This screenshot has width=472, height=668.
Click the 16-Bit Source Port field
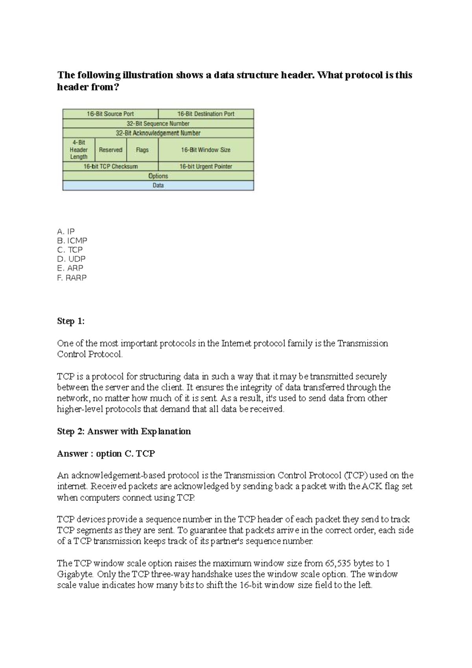pyautogui.click(x=110, y=114)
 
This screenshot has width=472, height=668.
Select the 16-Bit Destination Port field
pyautogui.click(x=206, y=114)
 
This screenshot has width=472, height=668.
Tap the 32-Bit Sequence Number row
pyautogui.click(x=158, y=124)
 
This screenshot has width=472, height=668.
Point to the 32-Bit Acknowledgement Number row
pyautogui.click(x=158, y=133)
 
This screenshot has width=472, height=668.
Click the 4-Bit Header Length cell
pyautogui.click(x=79, y=149)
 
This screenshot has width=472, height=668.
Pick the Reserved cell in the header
pyautogui.click(x=111, y=150)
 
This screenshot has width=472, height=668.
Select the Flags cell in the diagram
pyautogui.click(x=142, y=150)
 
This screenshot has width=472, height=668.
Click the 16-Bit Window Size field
pyautogui.click(x=206, y=150)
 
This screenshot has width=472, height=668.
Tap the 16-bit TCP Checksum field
pyautogui.click(x=111, y=166)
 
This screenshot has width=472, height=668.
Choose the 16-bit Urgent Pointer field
pyautogui.click(x=206, y=166)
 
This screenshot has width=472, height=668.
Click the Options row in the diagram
pyautogui.click(x=158, y=176)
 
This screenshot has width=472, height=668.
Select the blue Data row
pyautogui.click(x=158, y=185)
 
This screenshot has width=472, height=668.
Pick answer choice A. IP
pyautogui.click(x=66, y=231)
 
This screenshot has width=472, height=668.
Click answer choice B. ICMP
pyautogui.click(x=72, y=240)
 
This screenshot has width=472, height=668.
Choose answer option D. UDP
pyautogui.click(x=71, y=259)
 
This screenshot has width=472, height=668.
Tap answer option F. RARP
pyautogui.click(x=72, y=277)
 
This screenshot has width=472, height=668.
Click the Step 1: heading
pyautogui.click(x=71, y=321)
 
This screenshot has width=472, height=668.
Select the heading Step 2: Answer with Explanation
pyautogui.click(x=124, y=431)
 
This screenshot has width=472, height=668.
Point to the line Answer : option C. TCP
pyautogui.click(x=106, y=454)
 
